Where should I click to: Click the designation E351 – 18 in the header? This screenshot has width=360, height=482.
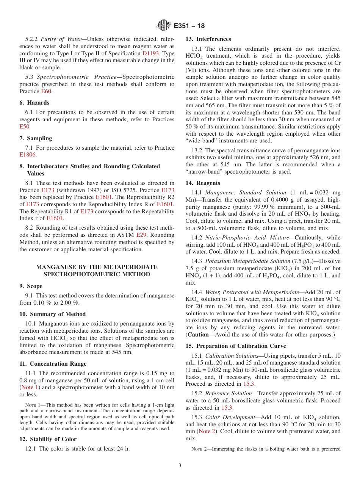[x=189, y=26]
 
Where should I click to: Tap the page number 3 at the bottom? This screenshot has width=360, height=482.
[x=180, y=466]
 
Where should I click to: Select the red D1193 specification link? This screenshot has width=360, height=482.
[x=150, y=53]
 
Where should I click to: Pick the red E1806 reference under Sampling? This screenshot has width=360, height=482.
[x=27, y=155]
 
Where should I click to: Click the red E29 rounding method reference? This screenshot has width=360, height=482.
[x=141, y=235]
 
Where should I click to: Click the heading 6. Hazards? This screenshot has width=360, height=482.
[x=34, y=103]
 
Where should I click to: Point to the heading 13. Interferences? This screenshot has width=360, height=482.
[x=208, y=39]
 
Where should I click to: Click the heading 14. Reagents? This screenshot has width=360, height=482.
[x=203, y=183]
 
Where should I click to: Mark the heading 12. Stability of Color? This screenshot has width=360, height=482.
[x=48, y=439]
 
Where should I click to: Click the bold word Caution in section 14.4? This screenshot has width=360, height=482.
[x=198, y=335]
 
